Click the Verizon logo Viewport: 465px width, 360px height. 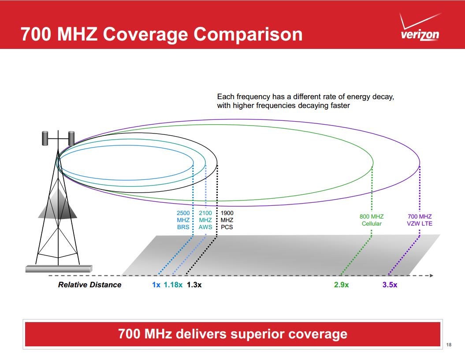point(420,29)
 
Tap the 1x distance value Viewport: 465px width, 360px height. point(156,285)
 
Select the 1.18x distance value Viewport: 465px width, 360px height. point(173,285)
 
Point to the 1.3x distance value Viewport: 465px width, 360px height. point(194,285)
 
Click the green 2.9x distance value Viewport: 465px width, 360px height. point(341,285)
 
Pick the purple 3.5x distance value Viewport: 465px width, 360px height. point(390,285)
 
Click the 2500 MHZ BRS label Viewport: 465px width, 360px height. point(183,220)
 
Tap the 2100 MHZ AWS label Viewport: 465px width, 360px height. point(205,220)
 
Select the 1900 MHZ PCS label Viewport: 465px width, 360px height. point(227,220)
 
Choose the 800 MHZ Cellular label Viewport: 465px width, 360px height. point(372,220)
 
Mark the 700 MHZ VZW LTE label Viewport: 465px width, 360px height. point(420,220)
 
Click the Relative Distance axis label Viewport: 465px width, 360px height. point(89,285)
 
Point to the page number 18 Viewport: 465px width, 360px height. point(449,344)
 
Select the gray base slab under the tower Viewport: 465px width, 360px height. point(59,268)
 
